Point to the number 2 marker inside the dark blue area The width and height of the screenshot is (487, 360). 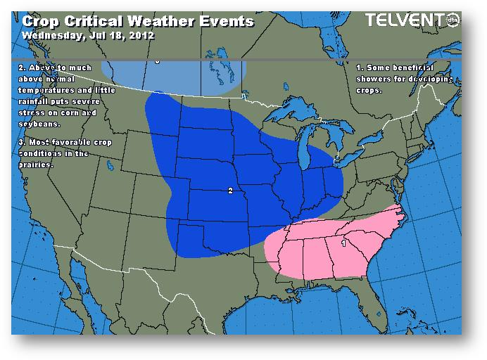pyautogui.click(x=230, y=191)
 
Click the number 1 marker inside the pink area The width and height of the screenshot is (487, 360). pyautogui.click(x=343, y=243)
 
